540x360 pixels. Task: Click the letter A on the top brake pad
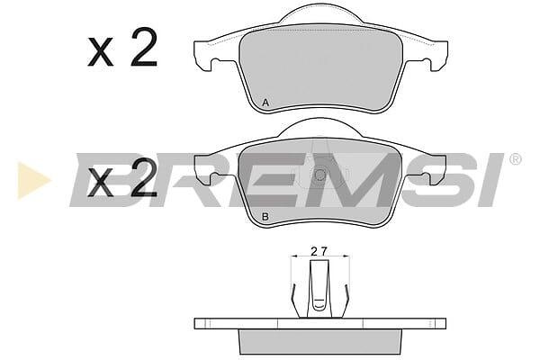tap(265, 103)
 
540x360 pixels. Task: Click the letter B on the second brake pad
tap(265, 217)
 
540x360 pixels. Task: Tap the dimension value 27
tap(319, 251)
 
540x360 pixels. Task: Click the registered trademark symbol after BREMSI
tap(515, 159)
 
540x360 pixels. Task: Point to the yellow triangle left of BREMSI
tap(32, 180)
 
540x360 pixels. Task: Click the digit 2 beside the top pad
tap(144, 47)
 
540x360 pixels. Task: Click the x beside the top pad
tap(100, 51)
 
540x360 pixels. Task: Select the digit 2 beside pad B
tap(144, 177)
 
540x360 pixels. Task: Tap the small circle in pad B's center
tap(319, 175)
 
